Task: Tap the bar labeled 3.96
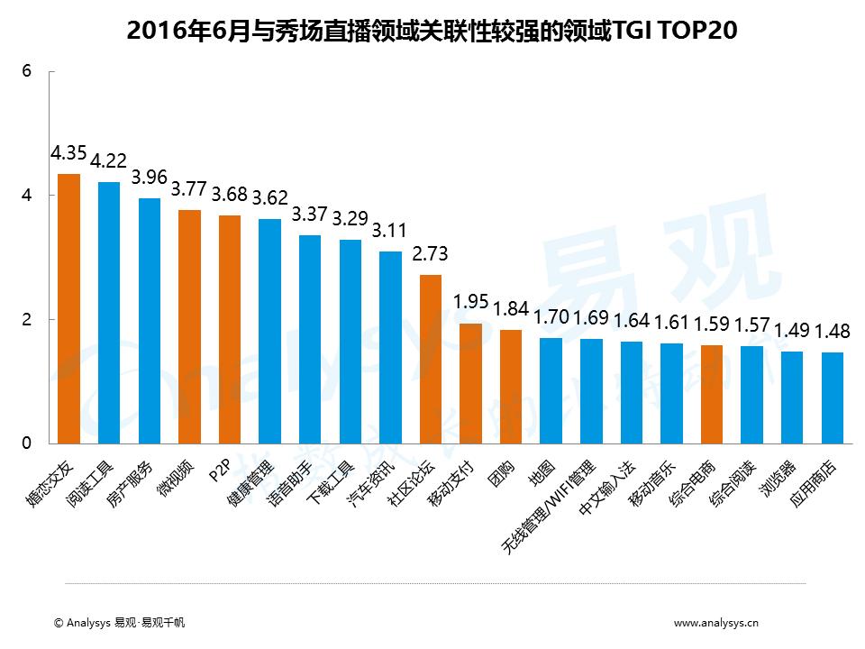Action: (x=150, y=321)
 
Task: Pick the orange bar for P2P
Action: (x=230, y=329)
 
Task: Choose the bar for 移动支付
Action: (x=470, y=383)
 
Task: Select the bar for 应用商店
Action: (x=833, y=398)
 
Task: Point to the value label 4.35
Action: (x=69, y=152)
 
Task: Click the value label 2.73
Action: (x=431, y=253)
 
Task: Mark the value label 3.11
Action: (x=390, y=230)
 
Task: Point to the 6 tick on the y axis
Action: (x=27, y=71)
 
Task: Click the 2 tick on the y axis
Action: (x=27, y=320)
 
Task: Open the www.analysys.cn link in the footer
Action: (x=716, y=622)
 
